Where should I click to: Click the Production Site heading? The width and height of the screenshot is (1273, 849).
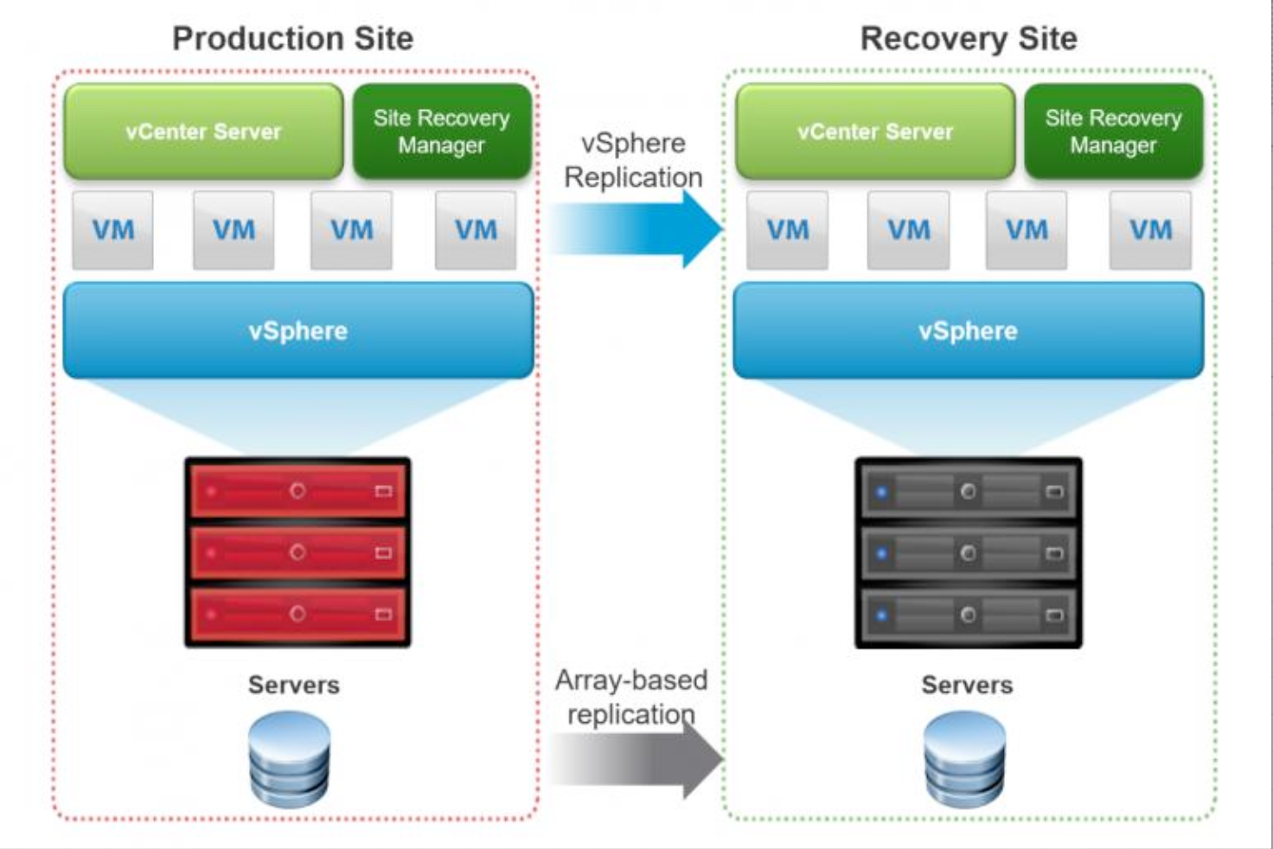(x=292, y=39)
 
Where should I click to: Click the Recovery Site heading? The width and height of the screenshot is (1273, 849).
(x=969, y=39)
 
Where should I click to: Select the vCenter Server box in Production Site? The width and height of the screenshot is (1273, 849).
(x=203, y=131)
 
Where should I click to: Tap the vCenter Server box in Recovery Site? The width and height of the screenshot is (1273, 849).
(x=875, y=131)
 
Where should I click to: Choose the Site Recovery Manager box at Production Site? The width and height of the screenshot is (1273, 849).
(x=441, y=131)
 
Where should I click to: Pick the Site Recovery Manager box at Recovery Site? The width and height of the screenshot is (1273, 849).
(x=1113, y=131)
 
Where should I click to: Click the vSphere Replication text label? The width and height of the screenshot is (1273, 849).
(x=633, y=160)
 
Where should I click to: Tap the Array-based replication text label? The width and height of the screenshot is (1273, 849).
(x=631, y=697)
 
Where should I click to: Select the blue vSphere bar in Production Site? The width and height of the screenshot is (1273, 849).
(x=298, y=330)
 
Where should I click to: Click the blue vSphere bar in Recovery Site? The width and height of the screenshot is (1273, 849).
(x=968, y=330)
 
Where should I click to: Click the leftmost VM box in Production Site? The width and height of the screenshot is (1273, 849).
(x=113, y=230)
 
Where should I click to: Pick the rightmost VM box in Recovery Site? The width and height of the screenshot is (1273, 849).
(x=1150, y=230)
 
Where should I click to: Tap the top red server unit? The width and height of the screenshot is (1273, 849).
(x=297, y=490)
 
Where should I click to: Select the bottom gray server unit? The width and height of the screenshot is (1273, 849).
(x=968, y=615)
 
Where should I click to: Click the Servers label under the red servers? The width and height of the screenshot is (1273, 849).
(x=293, y=685)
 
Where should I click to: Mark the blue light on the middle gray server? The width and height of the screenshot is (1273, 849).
(x=881, y=553)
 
